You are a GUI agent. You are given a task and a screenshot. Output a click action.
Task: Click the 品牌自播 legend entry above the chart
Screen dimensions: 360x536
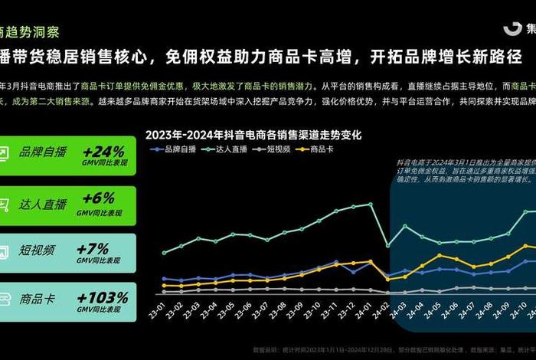(181, 149)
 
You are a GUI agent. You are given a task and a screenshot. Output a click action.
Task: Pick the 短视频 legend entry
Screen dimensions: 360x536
(274, 149)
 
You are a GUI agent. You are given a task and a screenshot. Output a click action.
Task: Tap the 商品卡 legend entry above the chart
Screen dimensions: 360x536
(318, 149)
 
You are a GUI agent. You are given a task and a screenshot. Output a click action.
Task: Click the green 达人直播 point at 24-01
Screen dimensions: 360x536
(370, 204)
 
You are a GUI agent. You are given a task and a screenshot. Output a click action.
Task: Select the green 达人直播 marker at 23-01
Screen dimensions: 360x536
(164, 252)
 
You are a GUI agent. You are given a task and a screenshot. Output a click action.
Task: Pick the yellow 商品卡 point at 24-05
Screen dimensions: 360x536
(439, 255)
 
